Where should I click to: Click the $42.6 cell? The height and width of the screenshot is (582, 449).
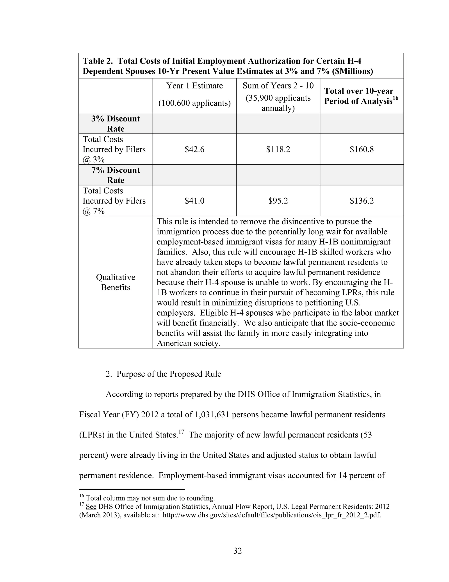[194, 149]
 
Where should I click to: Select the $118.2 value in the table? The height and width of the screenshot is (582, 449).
[278, 149]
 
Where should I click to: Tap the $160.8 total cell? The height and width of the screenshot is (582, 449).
[362, 149]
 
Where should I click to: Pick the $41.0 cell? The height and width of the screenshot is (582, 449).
[194, 201]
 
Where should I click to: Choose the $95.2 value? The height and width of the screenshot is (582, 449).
[278, 201]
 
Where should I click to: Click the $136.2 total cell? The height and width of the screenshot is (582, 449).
[362, 201]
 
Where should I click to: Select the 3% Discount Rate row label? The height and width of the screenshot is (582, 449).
[116, 124]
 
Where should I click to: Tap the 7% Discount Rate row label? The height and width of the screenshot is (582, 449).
[116, 175]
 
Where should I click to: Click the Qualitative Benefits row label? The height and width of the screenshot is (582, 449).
[116, 282]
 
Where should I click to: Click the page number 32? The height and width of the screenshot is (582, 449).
[237, 551]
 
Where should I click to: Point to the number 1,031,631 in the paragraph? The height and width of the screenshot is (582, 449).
[212, 415]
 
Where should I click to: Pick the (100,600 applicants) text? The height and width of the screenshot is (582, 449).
[194, 103]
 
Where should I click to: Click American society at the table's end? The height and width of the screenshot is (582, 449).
[188, 343]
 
